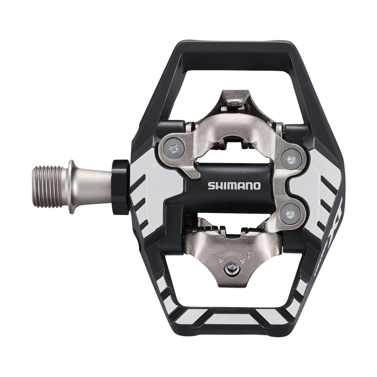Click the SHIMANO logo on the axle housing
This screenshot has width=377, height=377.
(x=234, y=185)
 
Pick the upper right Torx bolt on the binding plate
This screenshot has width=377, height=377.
(x=290, y=159)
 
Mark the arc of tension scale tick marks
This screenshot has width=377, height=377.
(x=231, y=256)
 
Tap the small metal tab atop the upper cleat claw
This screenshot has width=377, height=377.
(x=234, y=99)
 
